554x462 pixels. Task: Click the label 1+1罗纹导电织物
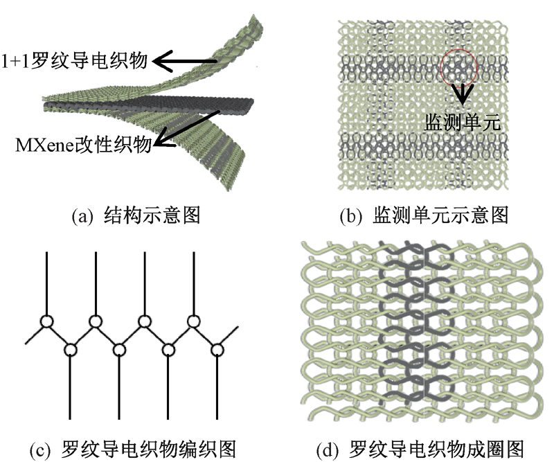coord(74,62)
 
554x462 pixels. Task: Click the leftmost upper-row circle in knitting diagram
coord(46,322)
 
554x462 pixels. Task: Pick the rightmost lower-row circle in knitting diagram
coord(217,349)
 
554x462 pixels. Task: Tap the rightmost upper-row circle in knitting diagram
coord(194,322)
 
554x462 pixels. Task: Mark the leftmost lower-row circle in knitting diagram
coord(70,349)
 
